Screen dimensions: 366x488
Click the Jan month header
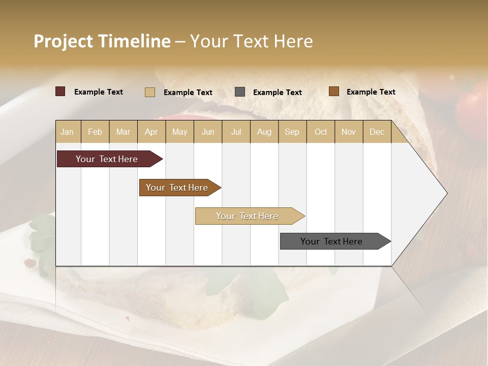click(x=68, y=132)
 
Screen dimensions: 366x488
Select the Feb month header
click(x=95, y=132)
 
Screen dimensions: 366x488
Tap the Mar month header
click(x=123, y=132)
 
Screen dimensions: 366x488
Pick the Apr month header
click(x=151, y=132)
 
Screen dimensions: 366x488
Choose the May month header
click(x=179, y=132)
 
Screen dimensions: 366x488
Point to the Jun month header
click(x=208, y=132)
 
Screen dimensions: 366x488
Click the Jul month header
click(x=236, y=132)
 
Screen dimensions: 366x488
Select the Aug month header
click(x=264, y=132)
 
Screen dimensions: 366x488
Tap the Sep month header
click(x=292, y=132)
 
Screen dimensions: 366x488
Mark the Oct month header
click(x=321, y=132)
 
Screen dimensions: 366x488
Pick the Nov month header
click(x=349, y=132)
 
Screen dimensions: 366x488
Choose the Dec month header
click(x=377, y=132)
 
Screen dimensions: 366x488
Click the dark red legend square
click(x=60, y=91)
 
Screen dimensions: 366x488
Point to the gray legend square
click(x=240, y=91)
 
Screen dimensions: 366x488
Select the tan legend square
click(x=150, y=92)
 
